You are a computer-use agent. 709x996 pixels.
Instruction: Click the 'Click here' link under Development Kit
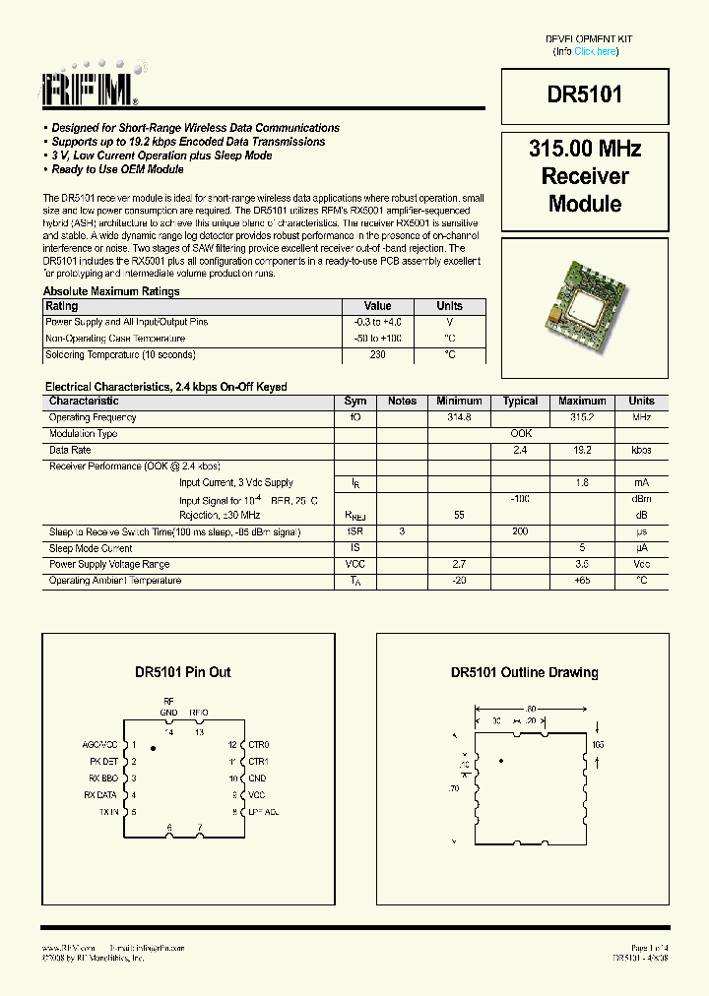tap(596, 51)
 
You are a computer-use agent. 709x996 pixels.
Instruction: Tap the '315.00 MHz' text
tap(585, 150)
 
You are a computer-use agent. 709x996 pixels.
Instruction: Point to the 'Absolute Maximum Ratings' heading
tap(111, 291)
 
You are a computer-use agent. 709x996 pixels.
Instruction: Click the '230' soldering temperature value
tap(378, 354)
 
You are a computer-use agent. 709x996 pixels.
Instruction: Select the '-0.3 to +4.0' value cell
tap(378, 322)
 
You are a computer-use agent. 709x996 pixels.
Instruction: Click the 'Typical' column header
tap(520, 402)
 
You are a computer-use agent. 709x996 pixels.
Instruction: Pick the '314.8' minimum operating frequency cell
tap(459, 417)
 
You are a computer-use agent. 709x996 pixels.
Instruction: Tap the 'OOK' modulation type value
tap(521, 433)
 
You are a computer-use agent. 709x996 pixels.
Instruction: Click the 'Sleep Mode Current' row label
tap(91, 548)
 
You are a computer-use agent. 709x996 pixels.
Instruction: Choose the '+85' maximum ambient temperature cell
tap(582, 580)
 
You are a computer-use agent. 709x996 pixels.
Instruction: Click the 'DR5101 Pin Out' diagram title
tap(183, 672)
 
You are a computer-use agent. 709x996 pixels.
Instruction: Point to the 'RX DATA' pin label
tap(100, 794)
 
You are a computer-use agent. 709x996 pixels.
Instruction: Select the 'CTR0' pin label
tap(258, 745)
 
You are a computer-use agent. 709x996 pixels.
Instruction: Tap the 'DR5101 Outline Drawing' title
tap(524, 672)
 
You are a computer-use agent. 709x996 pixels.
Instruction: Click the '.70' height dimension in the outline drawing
tap(455, 788)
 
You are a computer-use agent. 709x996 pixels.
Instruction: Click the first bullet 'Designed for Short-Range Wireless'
tap(195, 128)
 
